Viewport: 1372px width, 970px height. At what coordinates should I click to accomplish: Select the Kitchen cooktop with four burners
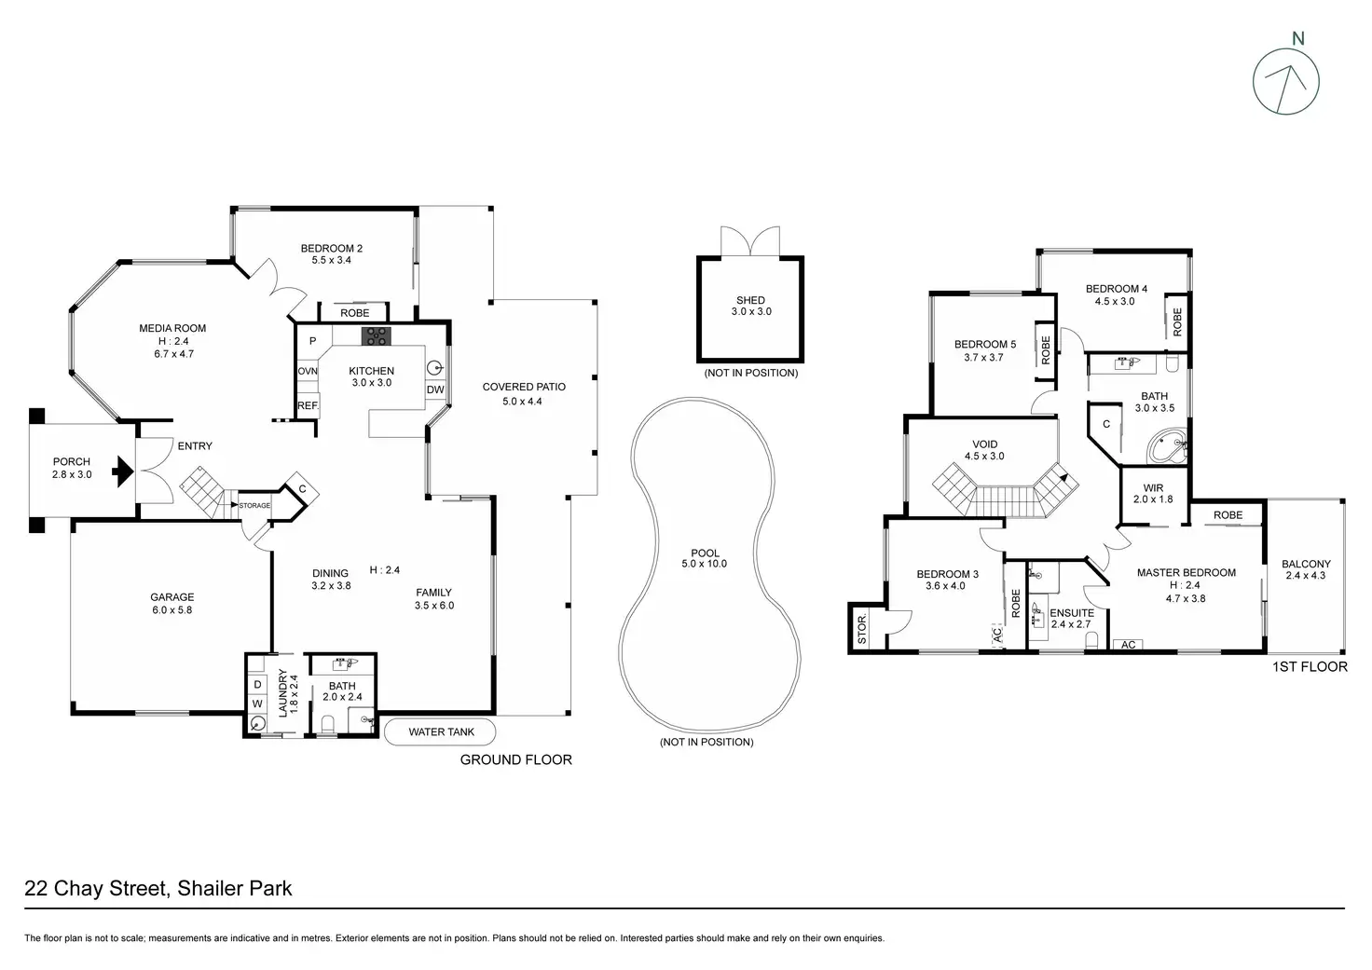pos(375,336)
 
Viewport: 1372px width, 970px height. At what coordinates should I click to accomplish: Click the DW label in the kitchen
pos(434,389)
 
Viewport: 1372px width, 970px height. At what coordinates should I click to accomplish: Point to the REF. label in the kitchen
pos(308,405)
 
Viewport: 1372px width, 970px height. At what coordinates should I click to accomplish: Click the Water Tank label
pos(441,731)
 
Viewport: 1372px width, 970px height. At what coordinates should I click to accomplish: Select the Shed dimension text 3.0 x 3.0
pos(750,311)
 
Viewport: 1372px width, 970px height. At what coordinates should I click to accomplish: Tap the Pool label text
pos(705,553)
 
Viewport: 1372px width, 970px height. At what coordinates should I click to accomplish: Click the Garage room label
pos(172,597)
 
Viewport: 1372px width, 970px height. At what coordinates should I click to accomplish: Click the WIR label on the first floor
pos(1153,487)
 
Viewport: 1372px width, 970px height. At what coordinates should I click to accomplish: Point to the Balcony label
pos(1306,564)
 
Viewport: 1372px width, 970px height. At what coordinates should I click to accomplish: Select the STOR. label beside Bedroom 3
pos(862,629)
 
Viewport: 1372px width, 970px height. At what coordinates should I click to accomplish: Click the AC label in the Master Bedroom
pos(1128,645)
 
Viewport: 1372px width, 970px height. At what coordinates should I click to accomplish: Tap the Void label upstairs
pos(984,444)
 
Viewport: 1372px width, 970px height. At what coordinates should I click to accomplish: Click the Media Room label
pos(172,328)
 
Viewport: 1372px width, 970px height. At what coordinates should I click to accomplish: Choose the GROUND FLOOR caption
pos(515,759)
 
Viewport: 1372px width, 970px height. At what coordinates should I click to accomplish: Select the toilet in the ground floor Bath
pos(327,724)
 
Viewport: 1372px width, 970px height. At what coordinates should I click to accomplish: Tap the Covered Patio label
pos(524,387)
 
